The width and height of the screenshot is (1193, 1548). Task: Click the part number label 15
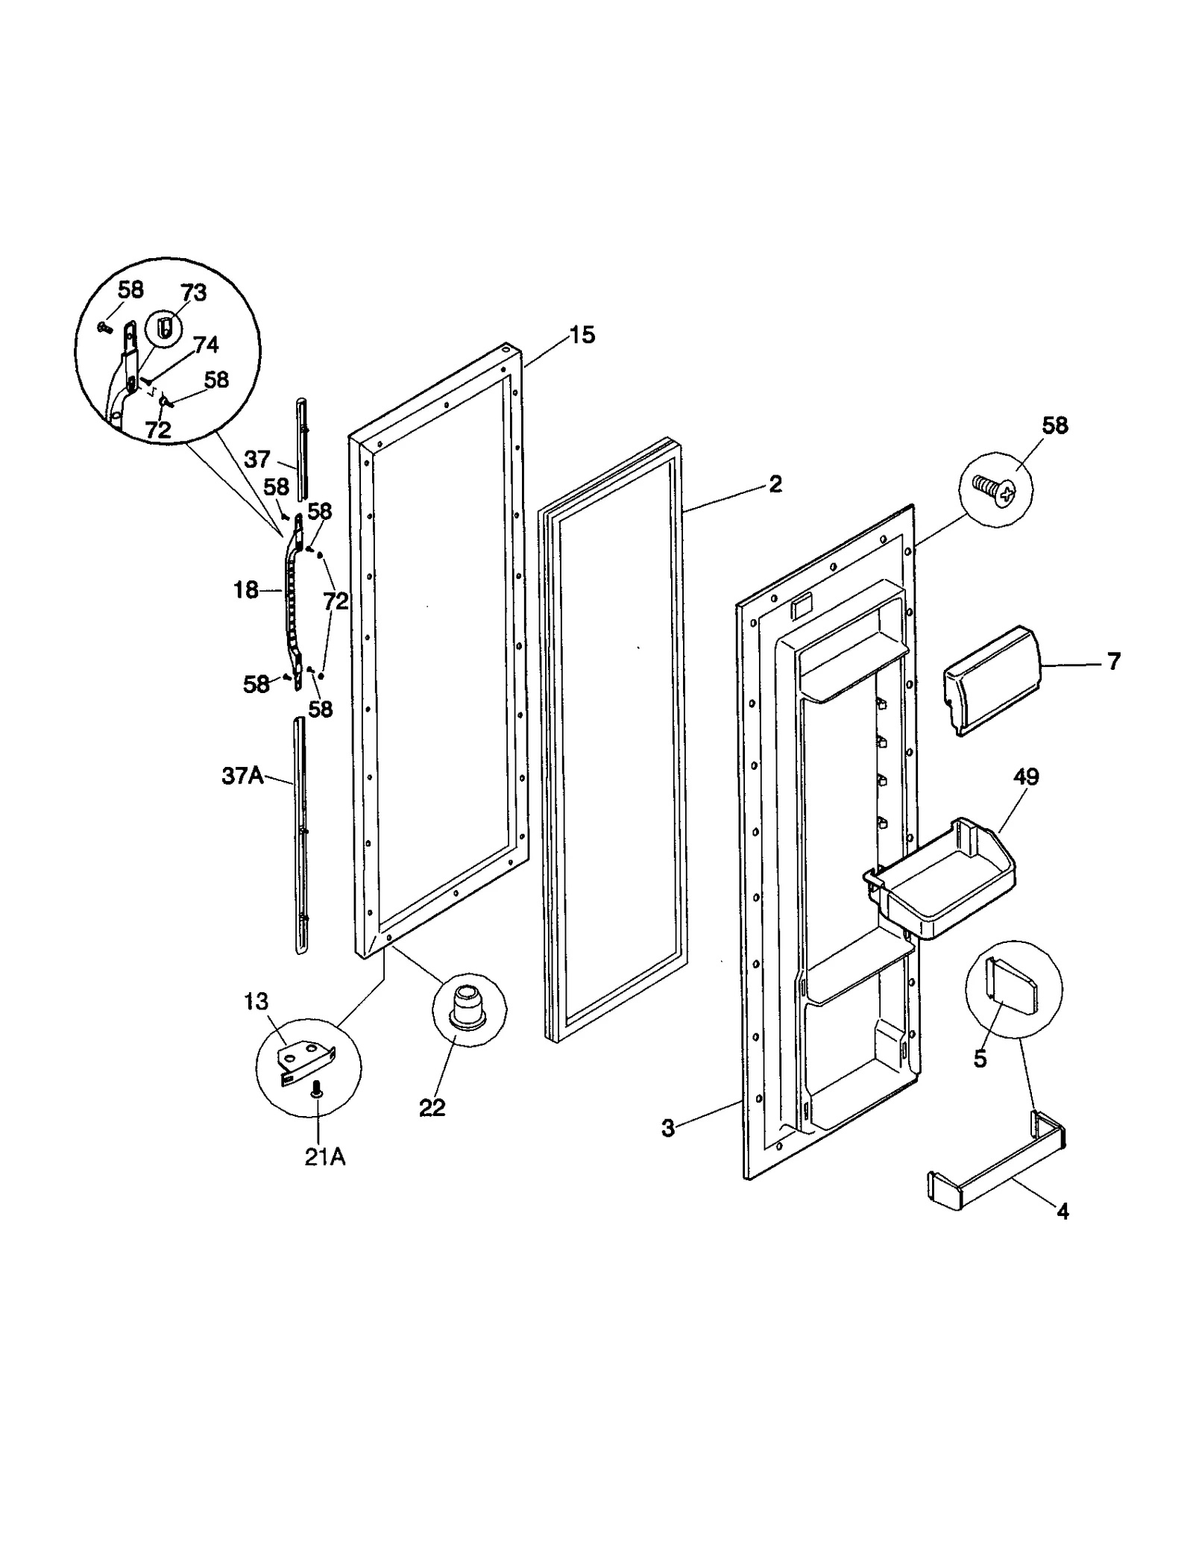pyautogui.click(x=582, y=335)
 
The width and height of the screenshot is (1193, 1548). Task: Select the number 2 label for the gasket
pyautogui.click(x=775, y=484)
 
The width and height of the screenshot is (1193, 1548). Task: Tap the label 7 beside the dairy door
pyautogui.click(x=1113, y=661)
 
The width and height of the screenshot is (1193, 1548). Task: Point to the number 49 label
pyautogui.click(x=1026, y=777)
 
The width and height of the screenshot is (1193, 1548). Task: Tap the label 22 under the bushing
pyautogui.click(x=432, y=1108)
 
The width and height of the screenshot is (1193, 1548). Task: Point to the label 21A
pyautogui.click(x=325, y=1157)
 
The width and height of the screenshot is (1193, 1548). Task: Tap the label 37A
pyautogui.click(x=242, y=776)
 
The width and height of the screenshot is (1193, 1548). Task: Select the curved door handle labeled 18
pyautogui.click(x=292, y=597)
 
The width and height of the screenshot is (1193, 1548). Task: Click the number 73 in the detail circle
pyautogui.click(x=193, y=292)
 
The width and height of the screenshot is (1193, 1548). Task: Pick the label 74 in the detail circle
pyautogui.click(x=206, y=345)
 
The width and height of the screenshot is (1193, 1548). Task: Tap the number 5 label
pyautogui.click(x=980, y=1059)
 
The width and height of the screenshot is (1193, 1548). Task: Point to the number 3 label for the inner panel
pyautogui.click(x=667, y=1128)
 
